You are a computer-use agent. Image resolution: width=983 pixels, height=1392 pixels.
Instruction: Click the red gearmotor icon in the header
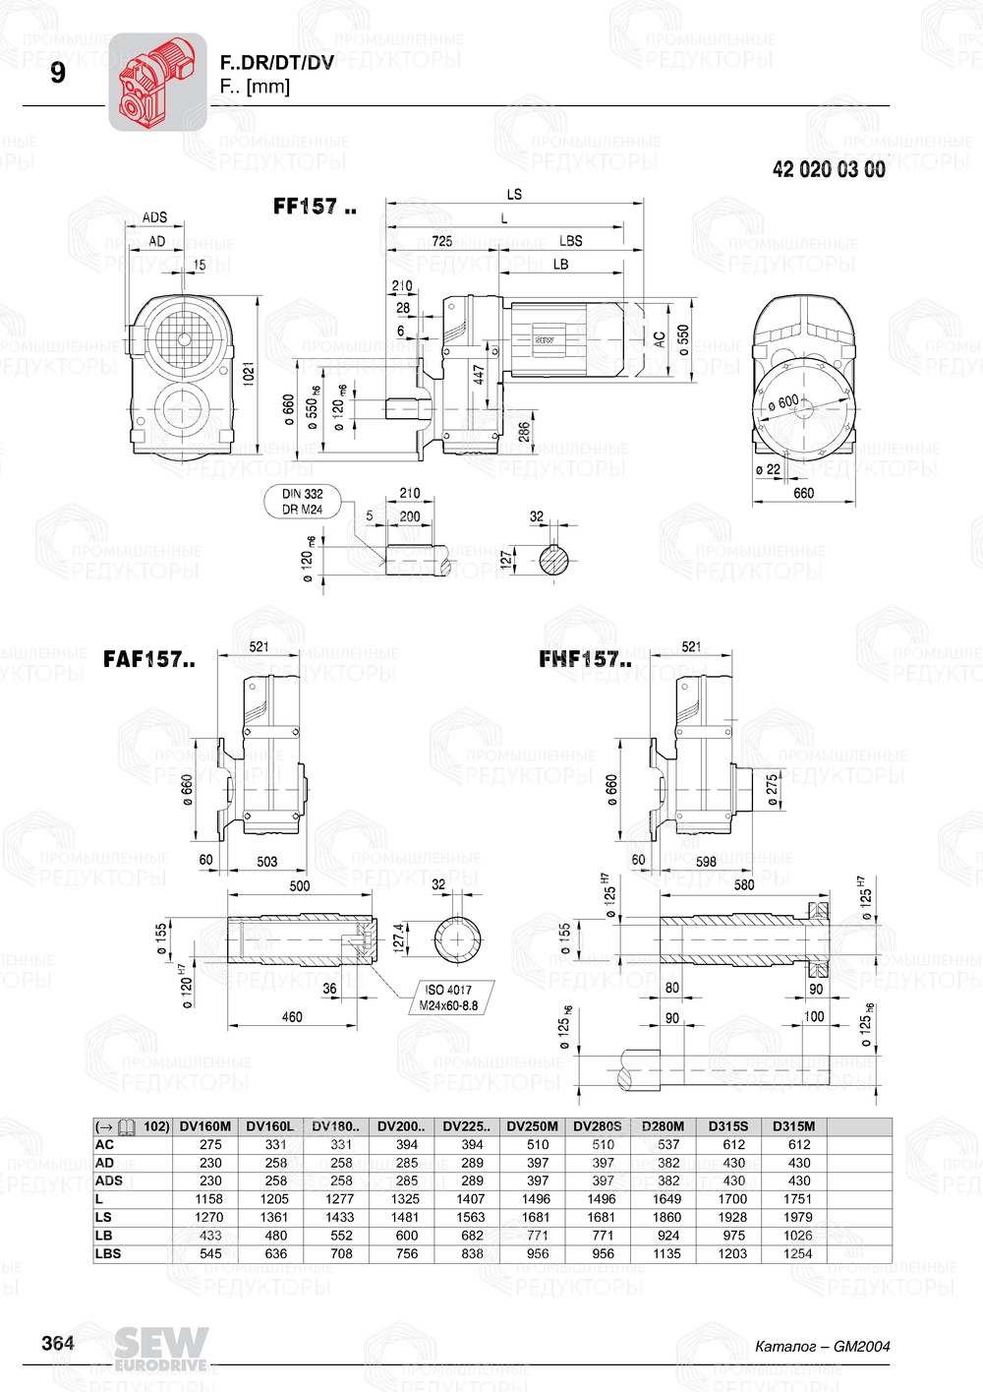(157, 82)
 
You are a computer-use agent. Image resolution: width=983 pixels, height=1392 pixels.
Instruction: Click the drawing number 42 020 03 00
(829, 169)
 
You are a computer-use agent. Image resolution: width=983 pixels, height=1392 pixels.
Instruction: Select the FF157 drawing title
(315, 207)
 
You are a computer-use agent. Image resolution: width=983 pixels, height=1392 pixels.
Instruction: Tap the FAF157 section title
(148, 660)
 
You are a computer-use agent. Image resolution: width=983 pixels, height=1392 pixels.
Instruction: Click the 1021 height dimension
(250, 374)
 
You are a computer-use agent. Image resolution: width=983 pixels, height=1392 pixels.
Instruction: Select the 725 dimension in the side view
(442, 241)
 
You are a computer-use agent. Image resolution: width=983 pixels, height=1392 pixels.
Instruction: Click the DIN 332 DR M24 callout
(303, 502)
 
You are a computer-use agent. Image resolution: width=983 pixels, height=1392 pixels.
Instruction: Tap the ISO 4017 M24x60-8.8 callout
(448, 998)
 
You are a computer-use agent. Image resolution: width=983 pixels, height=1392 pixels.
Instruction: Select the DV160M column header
(206, 1126)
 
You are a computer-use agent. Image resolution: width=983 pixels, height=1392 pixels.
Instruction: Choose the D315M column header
(793, 1126)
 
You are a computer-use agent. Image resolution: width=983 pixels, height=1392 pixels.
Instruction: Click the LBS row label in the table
(108, 1253)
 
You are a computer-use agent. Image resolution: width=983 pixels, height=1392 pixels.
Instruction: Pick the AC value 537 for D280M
(668, 1145)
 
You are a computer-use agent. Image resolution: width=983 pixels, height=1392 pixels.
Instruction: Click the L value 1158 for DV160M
(208, 1199)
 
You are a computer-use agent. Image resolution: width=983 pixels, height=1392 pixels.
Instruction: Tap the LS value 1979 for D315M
(798, 1217)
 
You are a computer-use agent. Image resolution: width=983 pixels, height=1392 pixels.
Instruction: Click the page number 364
(58, 1344)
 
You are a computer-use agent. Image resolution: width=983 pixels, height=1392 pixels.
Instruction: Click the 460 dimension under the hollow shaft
(292, 1016)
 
